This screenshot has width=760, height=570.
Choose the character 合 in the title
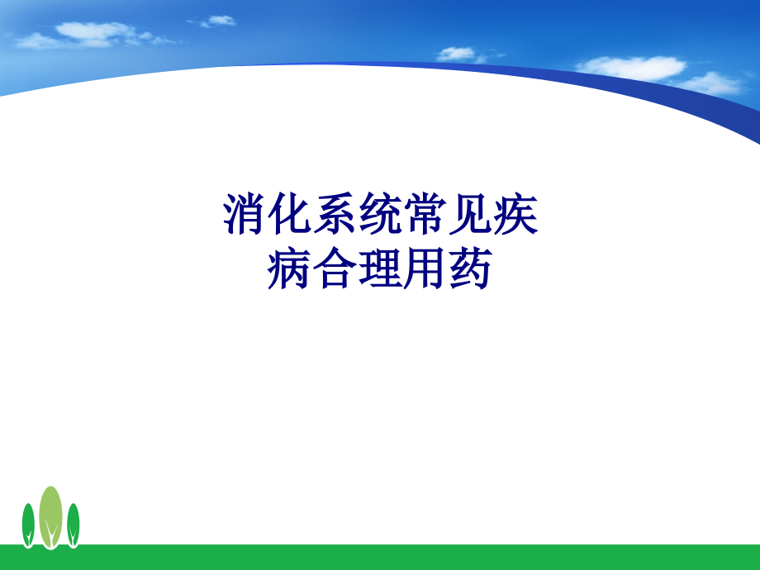(335, 270)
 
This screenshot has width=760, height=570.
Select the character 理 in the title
(379, 270)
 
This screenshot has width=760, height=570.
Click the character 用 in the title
(425, 270)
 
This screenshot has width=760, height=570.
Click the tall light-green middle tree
(51, 514)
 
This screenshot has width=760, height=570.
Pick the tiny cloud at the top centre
(219, 20)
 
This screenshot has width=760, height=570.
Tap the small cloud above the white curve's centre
(457, 54)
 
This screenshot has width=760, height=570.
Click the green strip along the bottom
(380, 558)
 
